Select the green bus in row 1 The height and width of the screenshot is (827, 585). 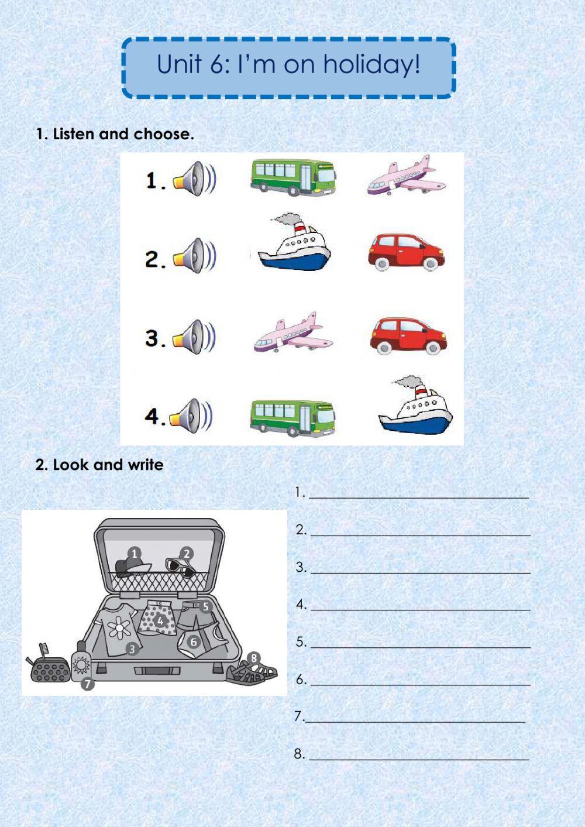click(x=293, y=177)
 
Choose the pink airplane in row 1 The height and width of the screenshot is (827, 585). click(x=406, y=175)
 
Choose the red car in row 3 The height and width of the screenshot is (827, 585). click(x=408, y=336)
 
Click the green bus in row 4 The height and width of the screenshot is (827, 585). click(x=292, y=417)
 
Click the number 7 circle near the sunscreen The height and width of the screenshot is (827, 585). click(x=87, y=684)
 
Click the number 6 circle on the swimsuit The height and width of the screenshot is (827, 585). click(x=193, y=641)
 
